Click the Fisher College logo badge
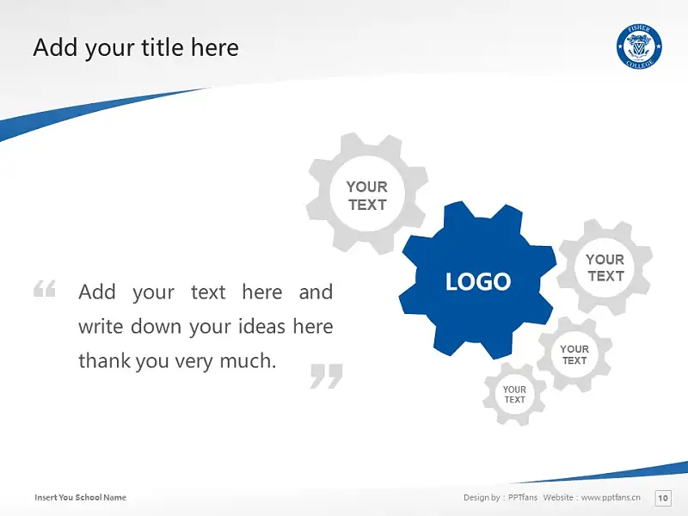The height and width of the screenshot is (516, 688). click(639, 46)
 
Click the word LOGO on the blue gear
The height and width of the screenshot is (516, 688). click(478, 281)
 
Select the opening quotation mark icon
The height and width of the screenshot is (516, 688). click(45, 289)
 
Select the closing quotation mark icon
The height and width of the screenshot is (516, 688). click(326, 376)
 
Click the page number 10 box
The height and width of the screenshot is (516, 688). click(662, 498)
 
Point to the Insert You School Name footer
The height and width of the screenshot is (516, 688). click(80, 497)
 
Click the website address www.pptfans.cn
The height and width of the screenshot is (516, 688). click(611, 497)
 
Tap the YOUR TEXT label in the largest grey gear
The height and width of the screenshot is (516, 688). click(367, 196)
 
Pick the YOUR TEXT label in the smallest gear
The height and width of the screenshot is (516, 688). click(514, 395)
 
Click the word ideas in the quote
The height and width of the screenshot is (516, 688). click(262, 327)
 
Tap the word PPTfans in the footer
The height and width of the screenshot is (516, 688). click(523, 497)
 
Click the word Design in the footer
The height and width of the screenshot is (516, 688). click(476, 497)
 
